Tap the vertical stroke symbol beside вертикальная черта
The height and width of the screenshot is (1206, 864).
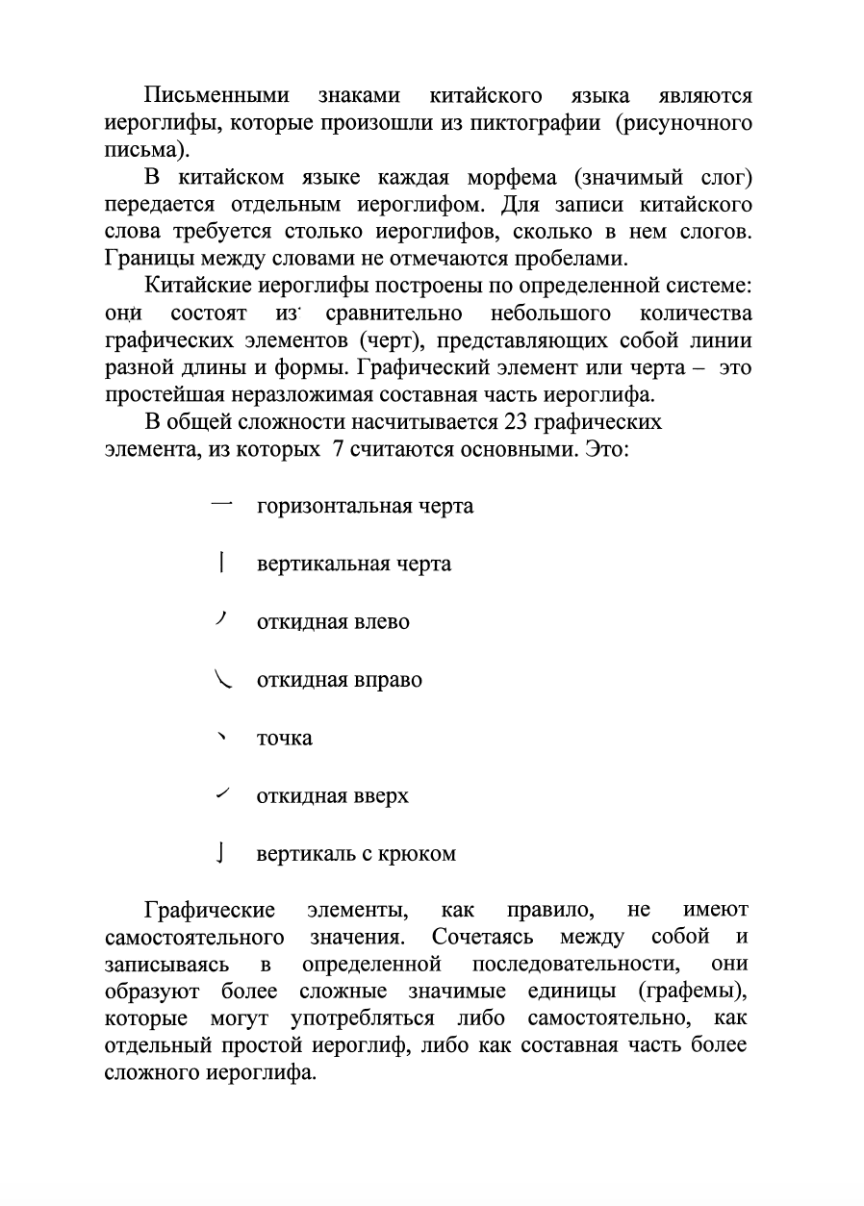[222, 562]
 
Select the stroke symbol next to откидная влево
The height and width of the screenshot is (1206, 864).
[221, 619]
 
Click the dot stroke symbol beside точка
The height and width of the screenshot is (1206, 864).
[222, 738]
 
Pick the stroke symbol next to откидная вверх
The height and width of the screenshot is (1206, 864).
[222, 794]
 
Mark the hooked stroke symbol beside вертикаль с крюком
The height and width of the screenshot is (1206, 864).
[222, 853]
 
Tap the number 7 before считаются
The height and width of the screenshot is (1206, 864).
[338, 448]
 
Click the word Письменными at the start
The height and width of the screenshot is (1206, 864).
[216, 96]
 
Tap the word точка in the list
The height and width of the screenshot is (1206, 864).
[284, 739]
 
